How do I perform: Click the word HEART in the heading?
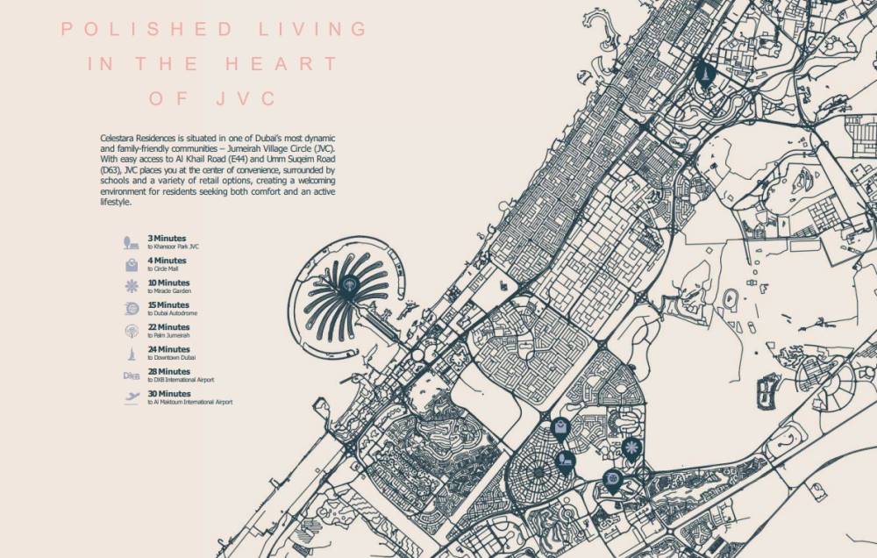coord(282,64)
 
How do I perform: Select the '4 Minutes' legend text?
coord(168,261)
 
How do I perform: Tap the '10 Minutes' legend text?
coord(169,283)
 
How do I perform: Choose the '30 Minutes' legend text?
coord(169,394)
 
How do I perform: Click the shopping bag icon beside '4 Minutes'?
coord(131,264)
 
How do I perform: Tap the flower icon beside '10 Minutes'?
coord(131,286)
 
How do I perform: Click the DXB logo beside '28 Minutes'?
coord(131,376)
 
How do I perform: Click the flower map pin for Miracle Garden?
coord(629,448)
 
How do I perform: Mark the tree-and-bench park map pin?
coord(567,461)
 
